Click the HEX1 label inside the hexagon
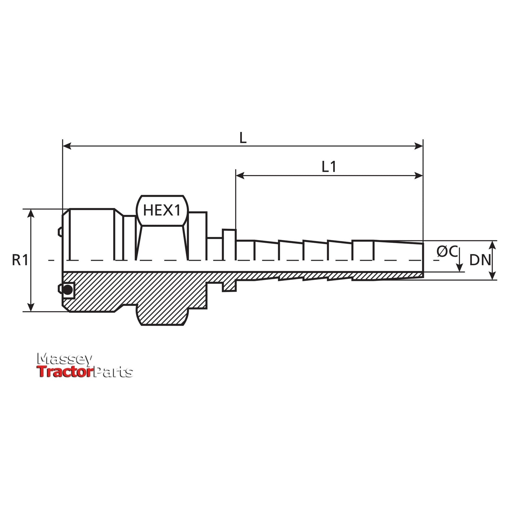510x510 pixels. point(162,210)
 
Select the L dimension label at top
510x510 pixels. point(243,138)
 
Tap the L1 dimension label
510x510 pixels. point(329,167)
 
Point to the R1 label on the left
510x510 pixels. point(20,260)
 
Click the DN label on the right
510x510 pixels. point(480,260)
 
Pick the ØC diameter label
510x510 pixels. point(447,252)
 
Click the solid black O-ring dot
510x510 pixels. point(68,290)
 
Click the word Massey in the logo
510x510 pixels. point(65,359)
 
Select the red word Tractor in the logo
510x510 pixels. point(65,372)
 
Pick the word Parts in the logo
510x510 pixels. point(113,372)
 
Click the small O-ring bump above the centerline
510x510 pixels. point(60,232)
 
